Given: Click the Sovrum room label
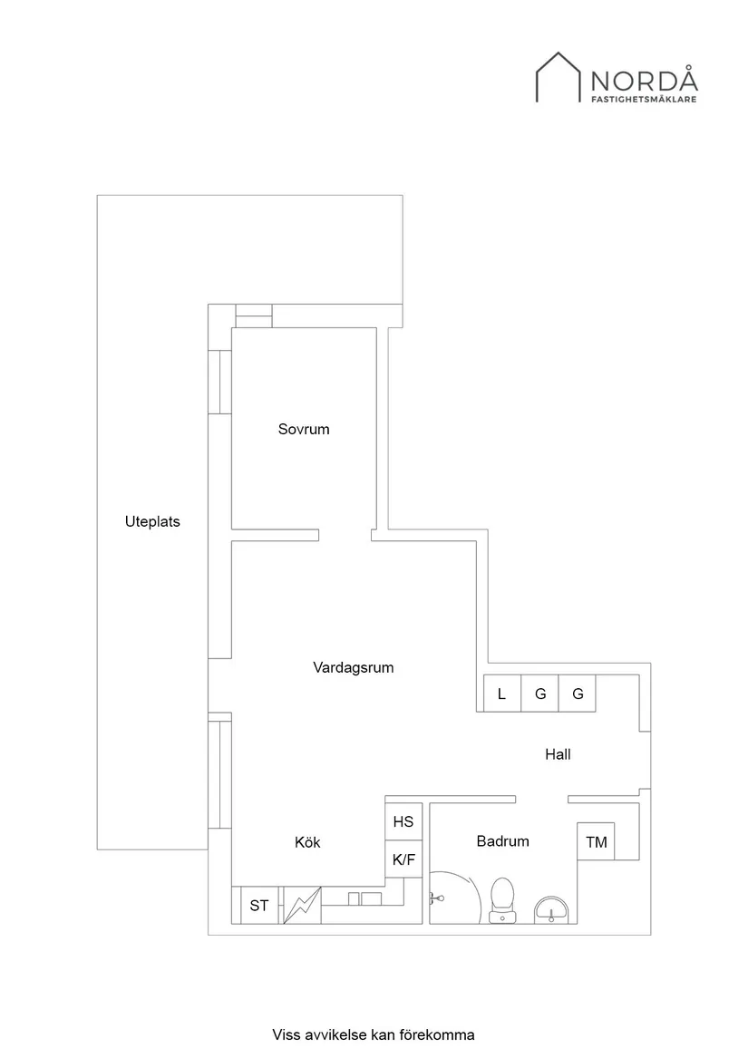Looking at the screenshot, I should pos(304,429).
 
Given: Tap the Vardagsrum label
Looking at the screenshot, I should pos(353,667).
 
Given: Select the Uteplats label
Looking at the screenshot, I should pos(152,521).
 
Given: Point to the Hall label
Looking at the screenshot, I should pos(558,753).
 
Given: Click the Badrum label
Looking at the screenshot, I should pos(502,840).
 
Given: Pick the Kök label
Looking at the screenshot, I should pos(307,842).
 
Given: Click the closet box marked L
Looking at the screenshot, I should pos(501,694).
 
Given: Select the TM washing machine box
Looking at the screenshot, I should pos(596,842).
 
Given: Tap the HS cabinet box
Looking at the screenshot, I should pos(403,821).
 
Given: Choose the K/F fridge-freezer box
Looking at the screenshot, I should pos(403,859).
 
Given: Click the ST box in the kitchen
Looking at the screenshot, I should pos(259,905).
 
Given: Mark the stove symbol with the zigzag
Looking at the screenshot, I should pos(302,905).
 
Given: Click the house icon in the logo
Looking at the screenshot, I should pos(558,77).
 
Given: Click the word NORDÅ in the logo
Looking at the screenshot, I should pos(644,80).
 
